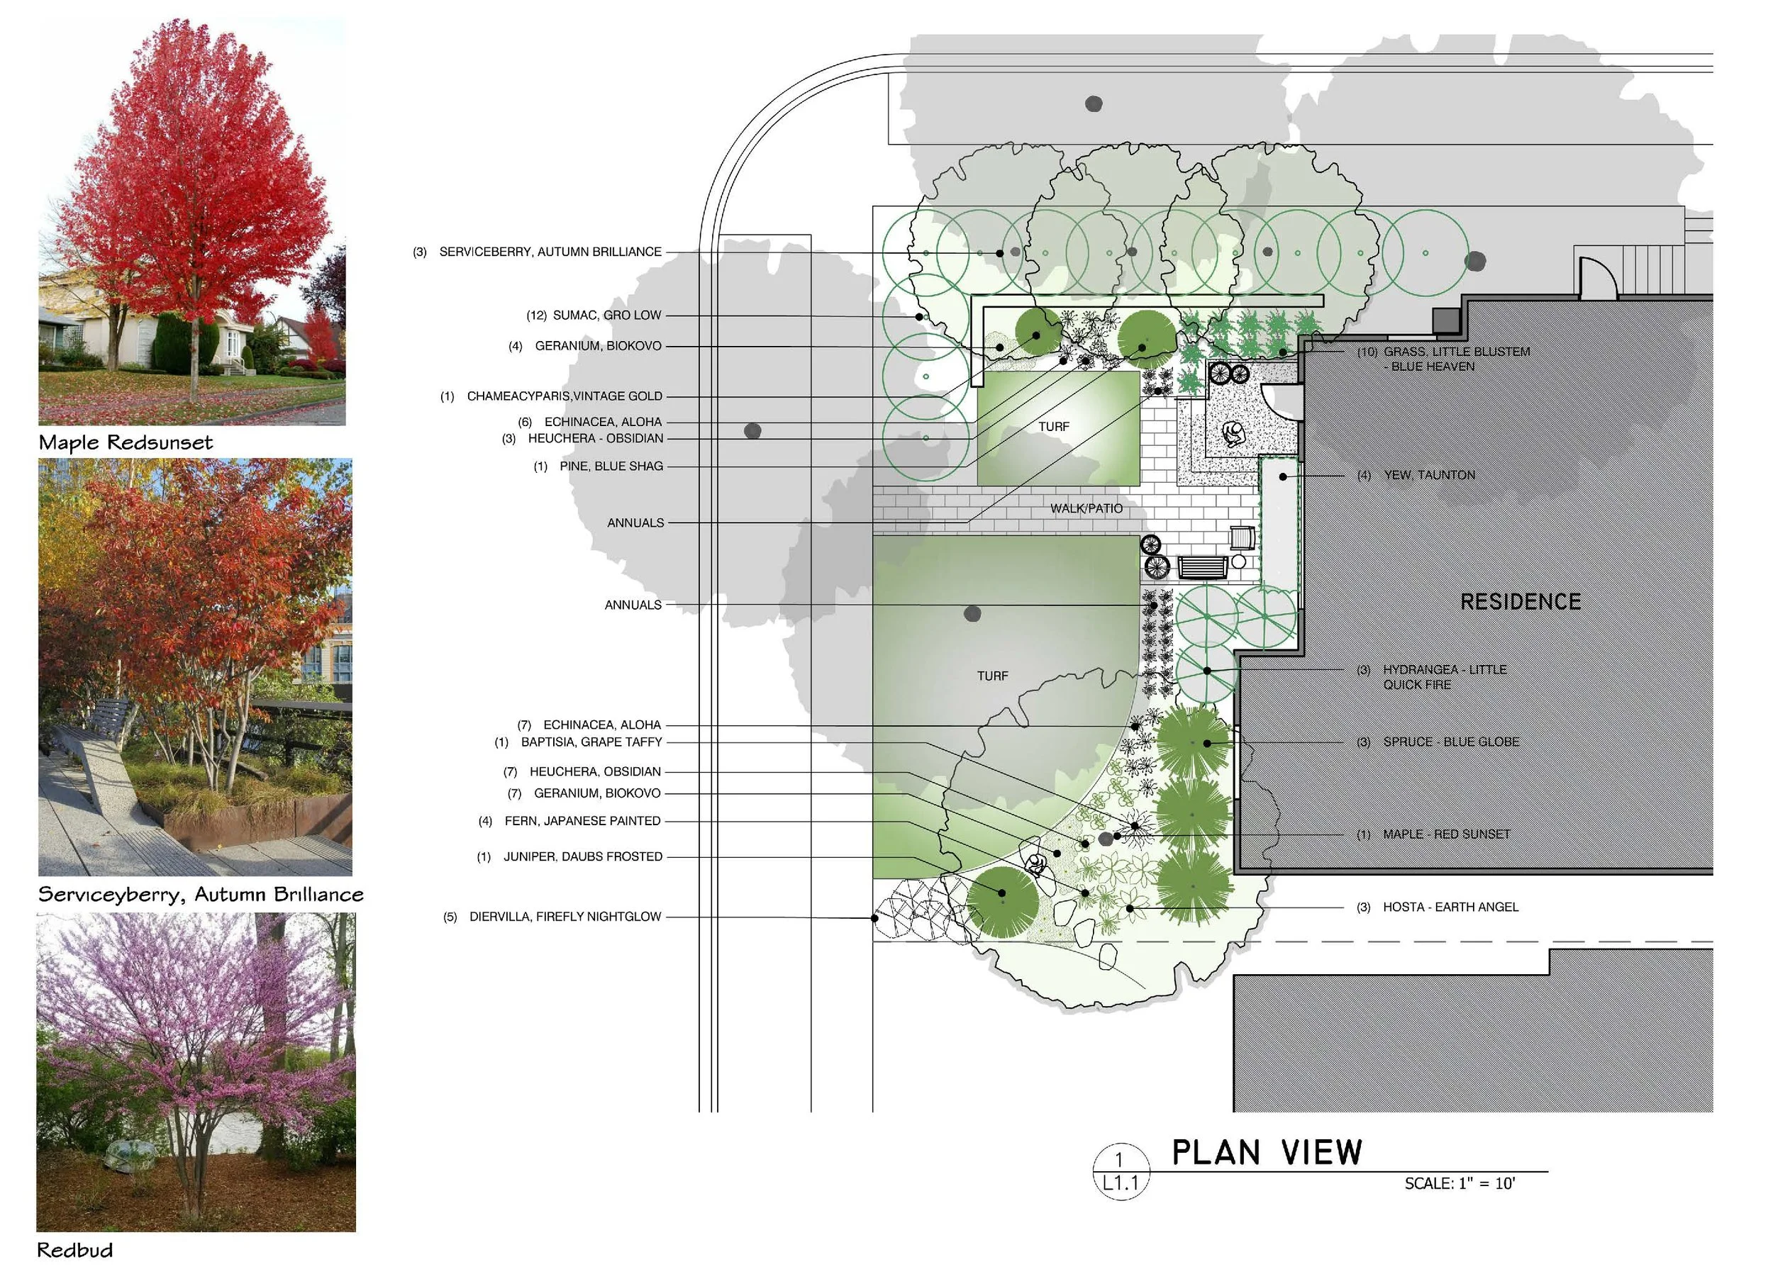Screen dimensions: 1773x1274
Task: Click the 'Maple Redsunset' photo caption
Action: [125, 442]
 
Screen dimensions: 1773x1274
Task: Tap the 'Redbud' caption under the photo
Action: [75, 1250]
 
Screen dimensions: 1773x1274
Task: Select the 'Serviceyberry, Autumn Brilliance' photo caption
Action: [201, 894]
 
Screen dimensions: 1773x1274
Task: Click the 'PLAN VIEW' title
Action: [1267, 1153]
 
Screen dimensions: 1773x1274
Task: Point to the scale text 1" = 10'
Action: [1459, 1183]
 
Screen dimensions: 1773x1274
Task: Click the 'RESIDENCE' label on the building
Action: [1521, 602]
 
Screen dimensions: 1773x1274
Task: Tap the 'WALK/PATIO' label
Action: [1086, 509]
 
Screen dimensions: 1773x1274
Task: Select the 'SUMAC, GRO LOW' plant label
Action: [606, 315]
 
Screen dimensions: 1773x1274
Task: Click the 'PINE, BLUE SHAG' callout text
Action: [611, 466]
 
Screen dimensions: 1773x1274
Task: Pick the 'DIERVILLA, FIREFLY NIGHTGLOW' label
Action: [565, 916]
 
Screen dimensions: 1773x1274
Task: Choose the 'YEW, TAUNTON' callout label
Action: [1429, 475]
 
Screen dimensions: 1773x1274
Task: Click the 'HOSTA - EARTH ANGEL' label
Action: [1450, 907]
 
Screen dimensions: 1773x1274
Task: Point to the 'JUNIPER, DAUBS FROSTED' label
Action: [582, 856]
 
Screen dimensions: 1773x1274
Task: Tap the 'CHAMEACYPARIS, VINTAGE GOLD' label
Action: [564, 396]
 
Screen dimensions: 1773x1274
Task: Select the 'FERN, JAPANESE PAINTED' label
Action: [582, 821]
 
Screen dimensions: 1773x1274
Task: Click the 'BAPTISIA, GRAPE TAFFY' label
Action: [591, 742]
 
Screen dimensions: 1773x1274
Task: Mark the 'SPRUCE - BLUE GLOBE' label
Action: [1451, 742]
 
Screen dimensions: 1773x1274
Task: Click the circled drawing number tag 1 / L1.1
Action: [1121, 1170]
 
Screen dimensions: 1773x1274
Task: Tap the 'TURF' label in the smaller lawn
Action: [1054, 427]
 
